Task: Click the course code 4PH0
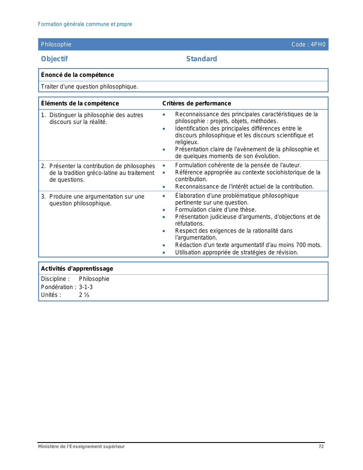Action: pyautogui.click(x=318, y=44)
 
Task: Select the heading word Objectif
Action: pyautogui.click(x=54, y=59)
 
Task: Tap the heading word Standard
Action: pyautogui.click(x=202, y=59)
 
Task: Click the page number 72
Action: pyautogui.click(x=321, y=447)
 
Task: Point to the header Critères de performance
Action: pyautogui.click(x=197, y=103)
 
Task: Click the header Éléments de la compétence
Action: pyautogui.click(x=80, y=103)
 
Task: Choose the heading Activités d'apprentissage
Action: pyautogui.click(x=77, y=269)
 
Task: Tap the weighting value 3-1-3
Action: pyautogui.click(x=86, y=287)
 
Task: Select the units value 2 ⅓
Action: pyautogui.click(x=84, y=295)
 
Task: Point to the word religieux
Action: pyautogui.click(x=187, y=142)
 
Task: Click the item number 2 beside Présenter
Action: pyautogui.click(x=43, y=166)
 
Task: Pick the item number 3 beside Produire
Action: pyautogui.click(x=43, y=197)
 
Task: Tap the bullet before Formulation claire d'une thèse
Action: pyautogui.click(x=164, y=210)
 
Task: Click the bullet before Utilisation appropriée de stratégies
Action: pyautogui.click(x=164, y=253)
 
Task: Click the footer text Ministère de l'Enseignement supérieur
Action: pyautogui.click(x=81, y=447)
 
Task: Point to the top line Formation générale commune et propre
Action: pyautogui.click(x=85, y=24)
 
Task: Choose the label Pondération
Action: pyautogui.click(x=57, y=287)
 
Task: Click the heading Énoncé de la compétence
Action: pyautogui.click(x=77, y=75)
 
